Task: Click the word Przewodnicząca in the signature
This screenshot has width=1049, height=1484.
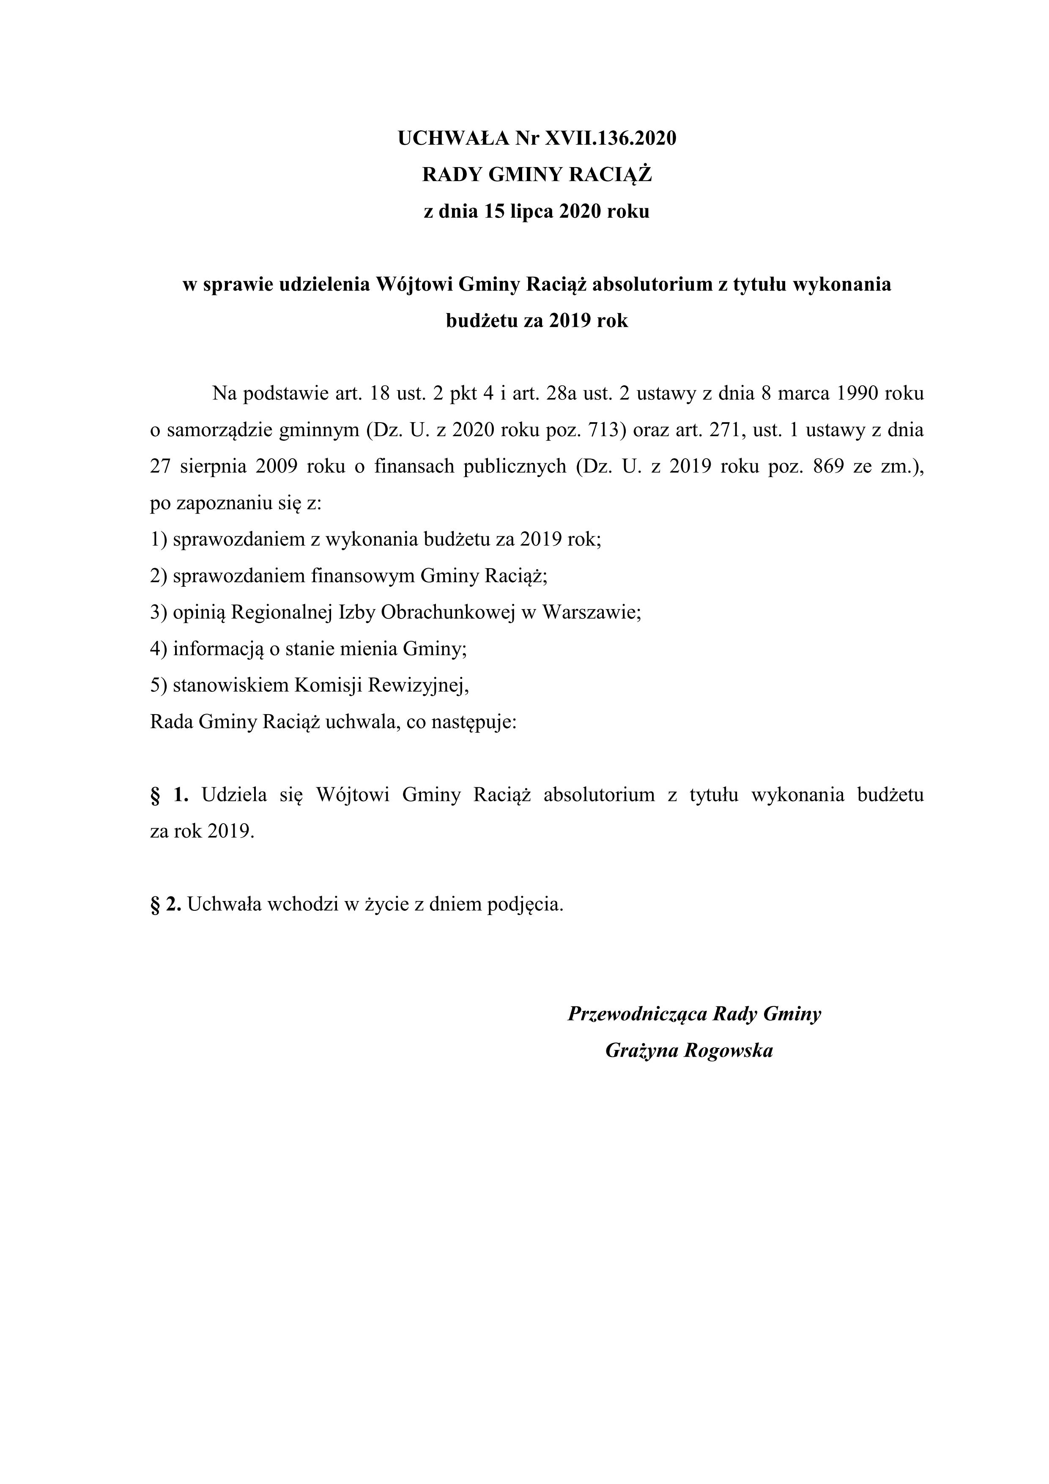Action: tap(636, 1014)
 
